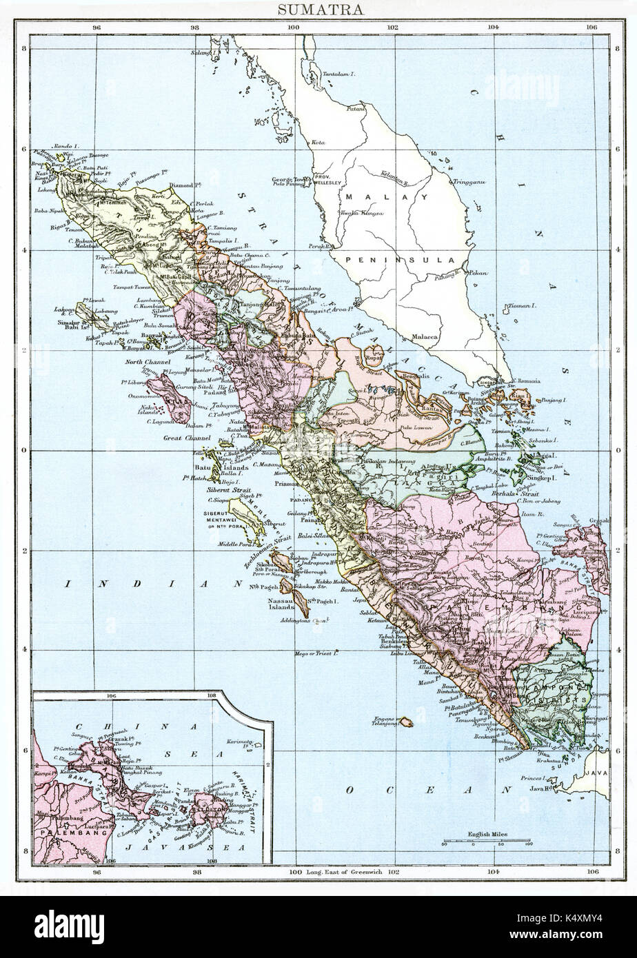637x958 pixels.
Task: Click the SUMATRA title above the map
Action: (318, 10)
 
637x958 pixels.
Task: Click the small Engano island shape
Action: (406, 722)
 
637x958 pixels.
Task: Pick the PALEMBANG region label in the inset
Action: (68, 833)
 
